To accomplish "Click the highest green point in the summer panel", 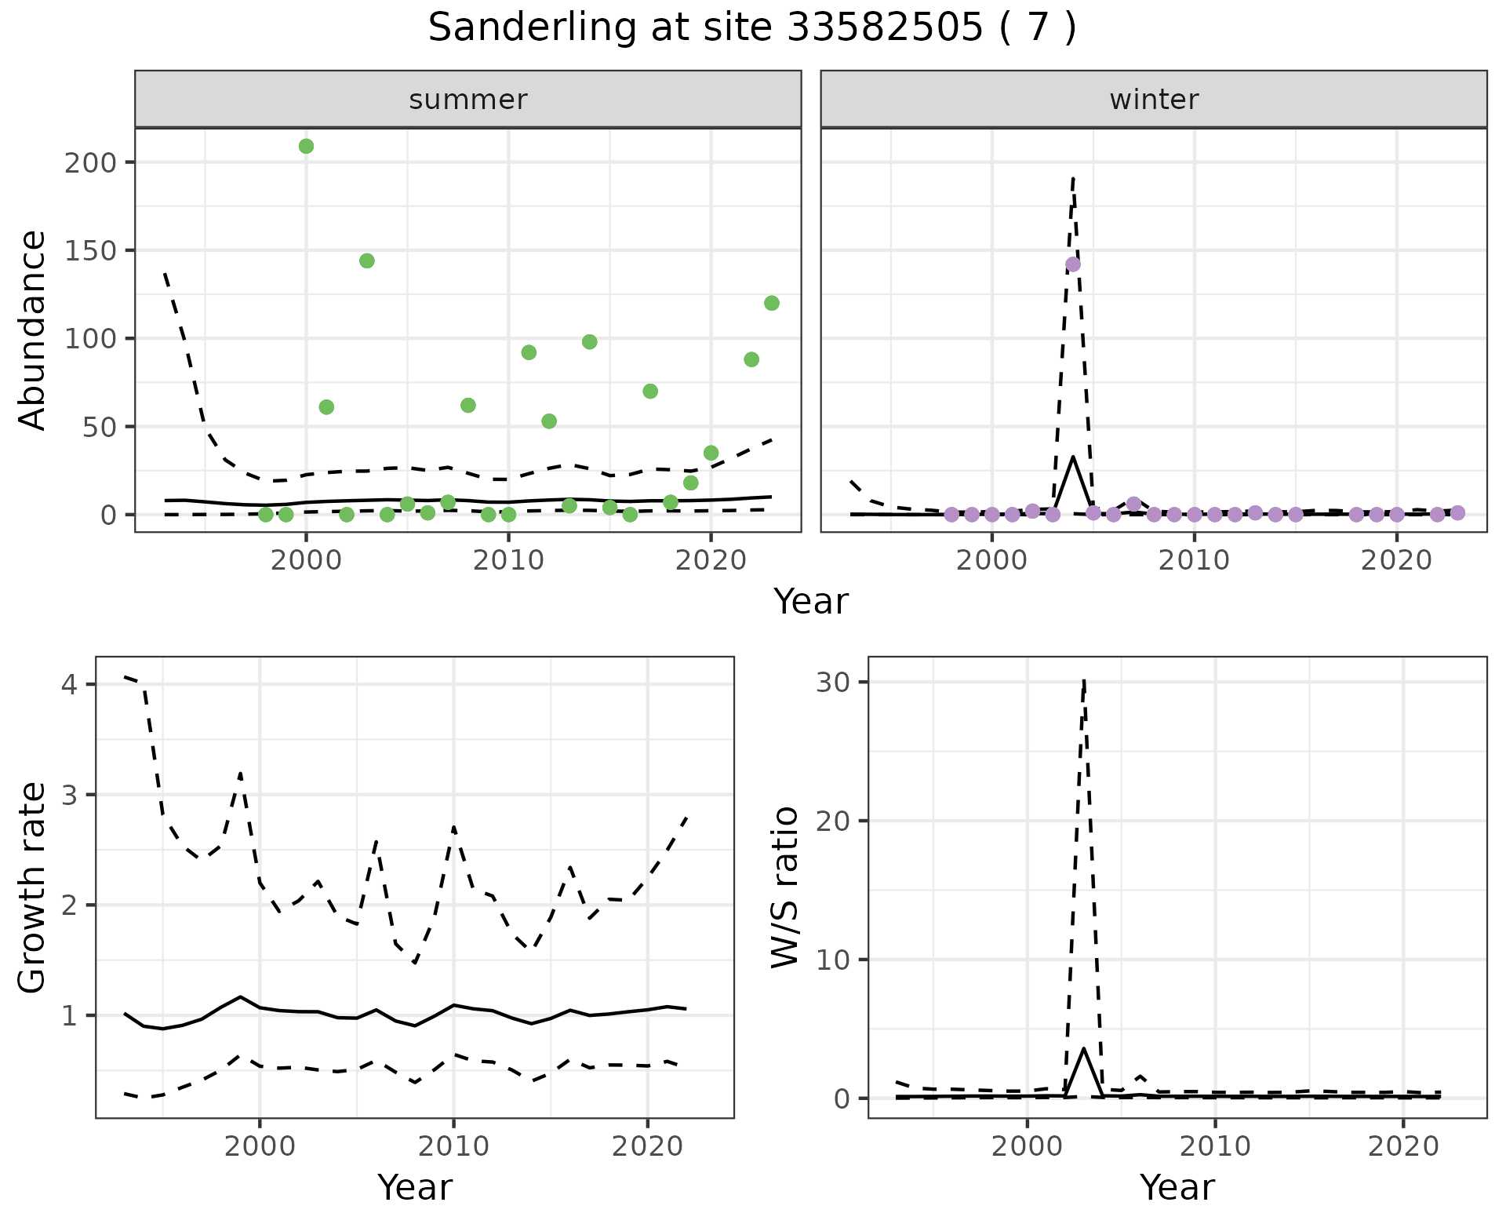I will tap(306, 146).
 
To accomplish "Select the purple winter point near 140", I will tap(1073, 264).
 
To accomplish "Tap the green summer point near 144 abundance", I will tap(366, 260).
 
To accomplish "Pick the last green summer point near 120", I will tap(771, 303).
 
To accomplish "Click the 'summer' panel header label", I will tap(467, 100).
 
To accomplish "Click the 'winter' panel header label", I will tap(1153, 100).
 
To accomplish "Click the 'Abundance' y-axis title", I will tap(33, 330).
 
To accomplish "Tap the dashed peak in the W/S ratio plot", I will tap(1083, 681).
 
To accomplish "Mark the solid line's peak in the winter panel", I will tap(1073, 457).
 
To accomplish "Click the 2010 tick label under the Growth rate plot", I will tap(453, 1147).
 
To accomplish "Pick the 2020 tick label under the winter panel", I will tap(1396, 562).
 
